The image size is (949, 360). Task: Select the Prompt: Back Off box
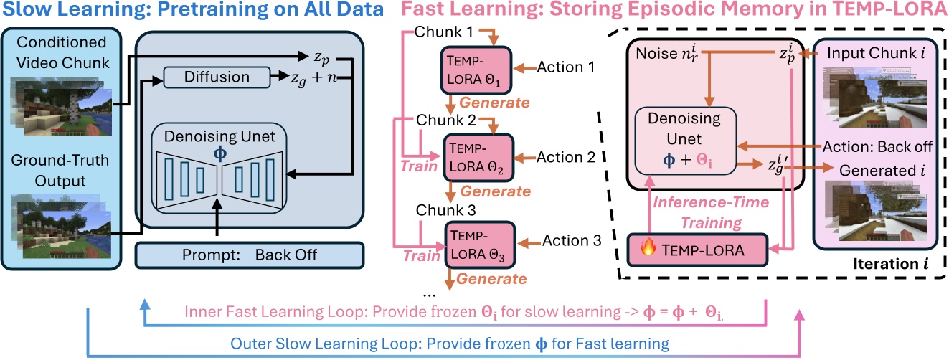coord(251,255)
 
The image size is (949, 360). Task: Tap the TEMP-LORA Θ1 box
coord(473,70)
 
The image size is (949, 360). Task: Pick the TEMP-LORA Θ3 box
coord(473,245)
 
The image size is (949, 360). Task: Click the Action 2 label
coord(566,156)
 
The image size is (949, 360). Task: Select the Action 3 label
coord(571,242)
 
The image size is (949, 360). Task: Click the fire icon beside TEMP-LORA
coord(648,250)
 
